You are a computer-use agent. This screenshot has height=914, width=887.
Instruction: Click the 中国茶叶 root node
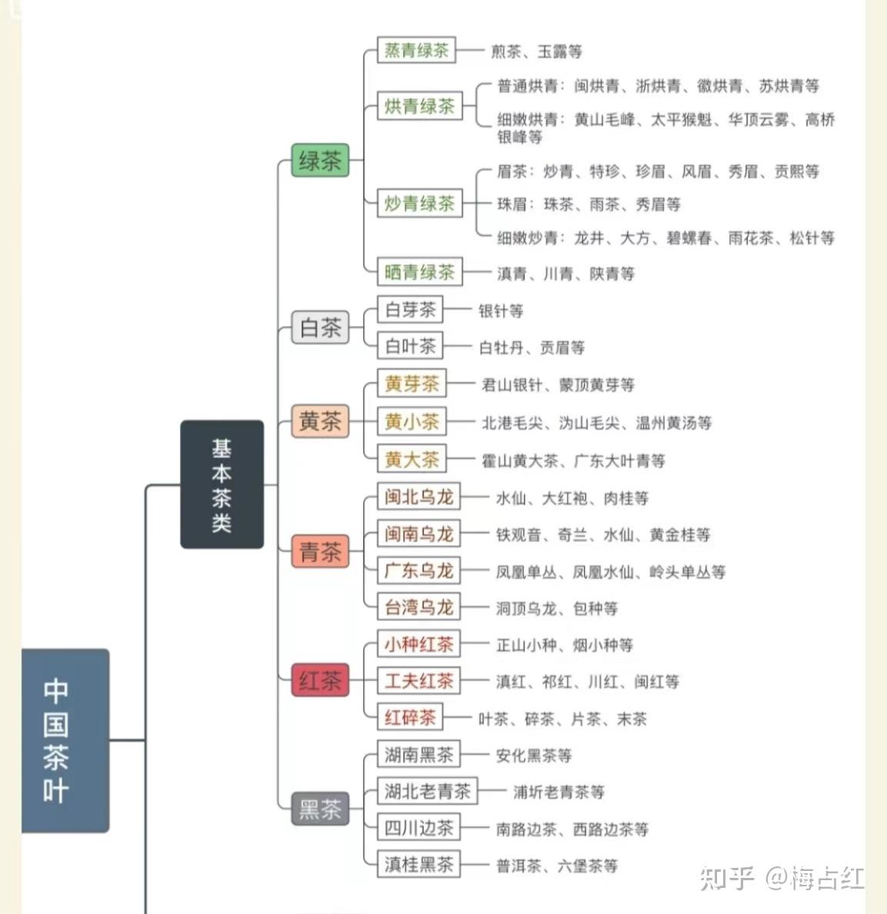pyautogui.click(x=65, y=740)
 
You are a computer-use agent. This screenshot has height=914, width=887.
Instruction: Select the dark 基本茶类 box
pyautogui.click(x=222, y=484)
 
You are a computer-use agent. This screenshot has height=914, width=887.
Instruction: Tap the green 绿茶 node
pyautogui.click(x=320, y=161)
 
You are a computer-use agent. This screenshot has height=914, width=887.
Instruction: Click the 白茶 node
pyautogui.click(x=320, y=328)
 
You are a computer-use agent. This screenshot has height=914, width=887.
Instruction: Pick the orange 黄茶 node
pyautogui.click(x=320, y=421)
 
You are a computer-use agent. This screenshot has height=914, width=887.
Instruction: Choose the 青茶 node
pyautogui.click(x=320, y=551)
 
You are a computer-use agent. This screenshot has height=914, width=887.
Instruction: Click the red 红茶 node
pyautogui.click(x=320, y=680)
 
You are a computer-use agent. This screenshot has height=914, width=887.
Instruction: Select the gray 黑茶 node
pyautogui.click(x=320, y=809)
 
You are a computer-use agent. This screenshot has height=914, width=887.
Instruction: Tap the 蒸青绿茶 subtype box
pyautogui.click(x=416, y=51)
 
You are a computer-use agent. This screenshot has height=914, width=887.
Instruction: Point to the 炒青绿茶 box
pyautogui.click(x=419, y=204)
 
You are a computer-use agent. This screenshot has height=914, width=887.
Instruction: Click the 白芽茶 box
pyautogui.click(x=410, y=310)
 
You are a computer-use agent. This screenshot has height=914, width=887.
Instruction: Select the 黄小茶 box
pyautogui.click(x=412, y=421)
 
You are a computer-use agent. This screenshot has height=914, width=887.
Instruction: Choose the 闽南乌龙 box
pyautogui.click(x=418, y=534)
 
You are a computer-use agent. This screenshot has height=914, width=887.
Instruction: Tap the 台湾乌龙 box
pyautogui.click(x=418, y=608)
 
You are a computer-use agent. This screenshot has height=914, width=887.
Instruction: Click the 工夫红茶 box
pyautogui.click(x=418, y=681)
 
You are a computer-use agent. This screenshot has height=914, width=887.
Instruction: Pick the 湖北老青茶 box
pyautogui.click(x=428, y=791)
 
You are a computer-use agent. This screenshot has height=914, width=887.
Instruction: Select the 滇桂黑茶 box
pyautogui.click(x=418, y=865)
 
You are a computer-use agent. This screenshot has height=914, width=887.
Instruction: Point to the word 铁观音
pyautogui.click(x=519, y=535)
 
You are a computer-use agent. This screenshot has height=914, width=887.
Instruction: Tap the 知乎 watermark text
pyautogui.click(x=727, y=877)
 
